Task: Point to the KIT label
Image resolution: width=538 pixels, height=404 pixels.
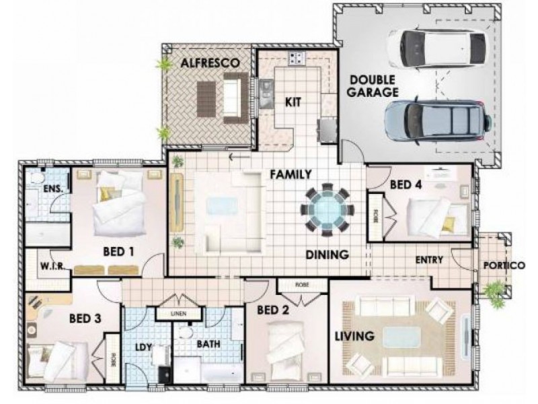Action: [x=293, y=102]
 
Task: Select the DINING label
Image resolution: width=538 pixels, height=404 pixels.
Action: [x=326, y=255]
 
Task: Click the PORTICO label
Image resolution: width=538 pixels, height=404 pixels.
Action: [x=504, y=265]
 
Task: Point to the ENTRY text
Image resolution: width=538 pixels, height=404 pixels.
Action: [x=428, y=259]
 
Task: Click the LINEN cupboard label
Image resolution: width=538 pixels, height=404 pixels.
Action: [x=178, y=314]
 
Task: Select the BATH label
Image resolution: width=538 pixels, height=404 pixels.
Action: [x=207, y=344]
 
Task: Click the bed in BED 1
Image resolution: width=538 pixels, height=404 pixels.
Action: [x=118, y=202]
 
